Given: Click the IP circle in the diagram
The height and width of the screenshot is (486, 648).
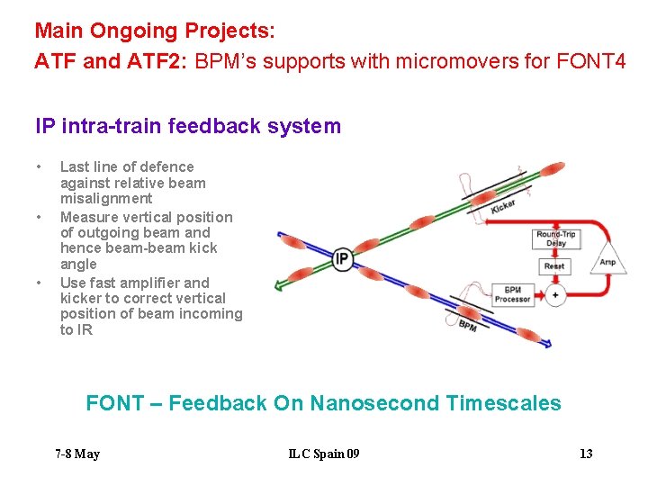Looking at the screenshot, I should click(x=342, y=260).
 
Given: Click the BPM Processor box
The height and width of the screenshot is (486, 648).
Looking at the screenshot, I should click(x=512, y=294).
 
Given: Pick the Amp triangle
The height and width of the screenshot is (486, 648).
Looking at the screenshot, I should click(x=608, y=259).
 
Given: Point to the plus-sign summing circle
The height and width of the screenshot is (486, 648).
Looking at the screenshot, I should click(x=555, y=294).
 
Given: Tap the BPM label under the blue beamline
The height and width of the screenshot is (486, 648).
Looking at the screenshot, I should click(x=467, y=326).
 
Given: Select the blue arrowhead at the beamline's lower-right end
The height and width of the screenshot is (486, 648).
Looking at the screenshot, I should click(x=545, y=345).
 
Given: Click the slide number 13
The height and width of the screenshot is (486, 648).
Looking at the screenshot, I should click(x=586, y=454).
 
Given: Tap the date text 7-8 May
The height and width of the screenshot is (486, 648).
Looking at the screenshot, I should click(x=77, y=454).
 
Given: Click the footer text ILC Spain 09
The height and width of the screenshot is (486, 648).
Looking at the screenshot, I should click(x=324, y=454).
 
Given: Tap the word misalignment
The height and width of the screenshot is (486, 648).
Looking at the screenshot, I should click(x=106, y=198).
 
